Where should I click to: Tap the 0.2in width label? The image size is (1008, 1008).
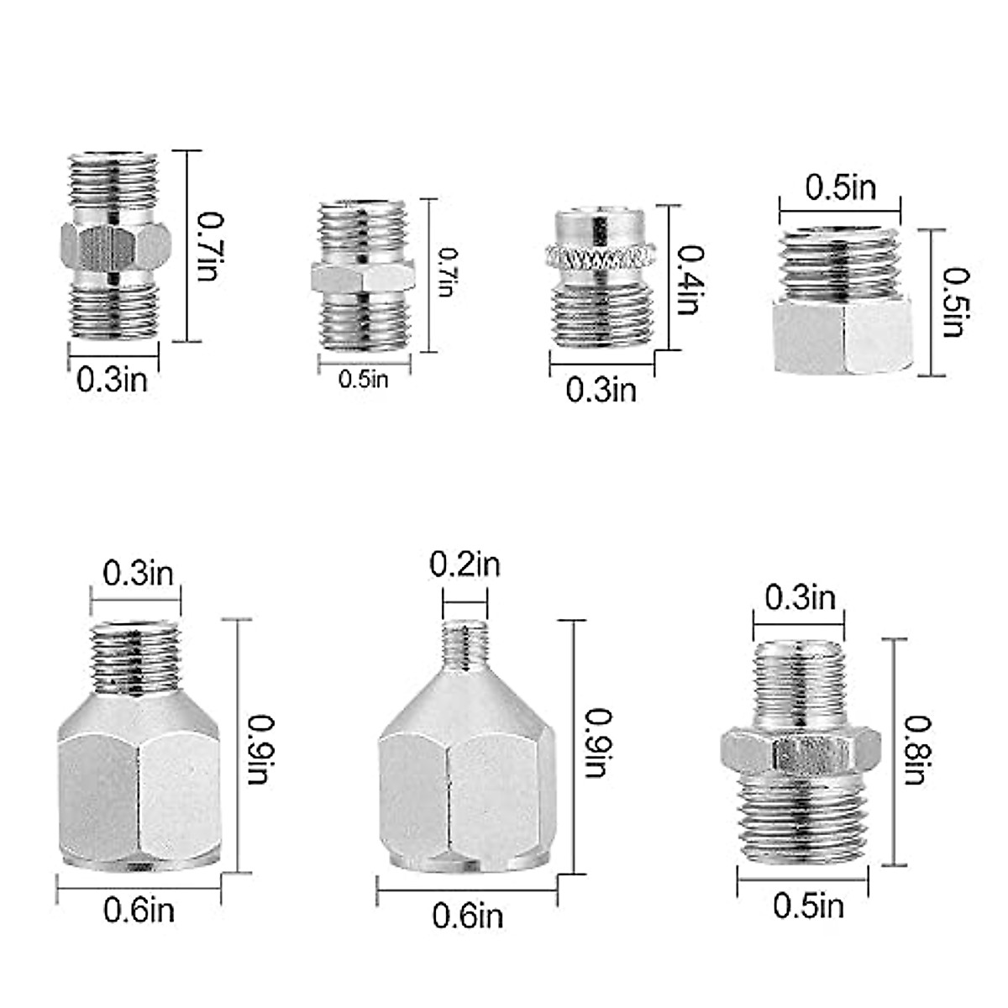[465, 564]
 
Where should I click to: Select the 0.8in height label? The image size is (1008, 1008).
[915, 749]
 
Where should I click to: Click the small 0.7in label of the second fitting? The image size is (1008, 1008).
[447, 272]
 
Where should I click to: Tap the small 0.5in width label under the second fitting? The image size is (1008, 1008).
[364, 379]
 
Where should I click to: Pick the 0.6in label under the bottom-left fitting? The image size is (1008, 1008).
[139, 909]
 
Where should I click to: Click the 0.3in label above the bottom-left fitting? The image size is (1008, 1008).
[138, 574]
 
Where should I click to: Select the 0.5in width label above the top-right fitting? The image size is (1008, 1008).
[840, 187]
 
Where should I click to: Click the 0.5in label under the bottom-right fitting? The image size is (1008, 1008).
[808, 906]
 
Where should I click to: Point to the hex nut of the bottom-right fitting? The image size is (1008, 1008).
[801, 750]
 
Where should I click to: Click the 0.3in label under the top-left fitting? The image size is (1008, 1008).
[113, 380]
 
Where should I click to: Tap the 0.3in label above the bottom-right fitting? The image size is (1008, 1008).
[800, 598]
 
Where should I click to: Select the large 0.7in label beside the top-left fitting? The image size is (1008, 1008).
[210, 246]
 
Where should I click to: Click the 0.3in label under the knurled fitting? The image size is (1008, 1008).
[601, 390]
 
